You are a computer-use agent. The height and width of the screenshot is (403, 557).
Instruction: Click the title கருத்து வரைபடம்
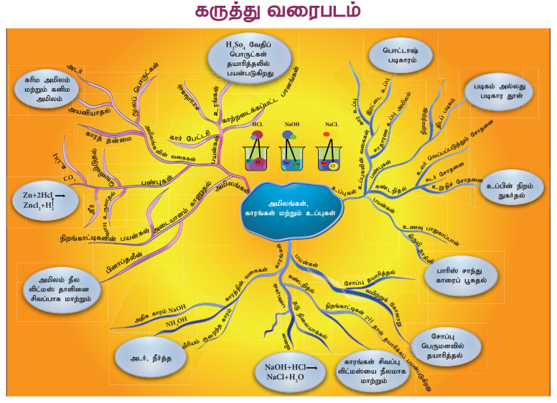click(278, 12)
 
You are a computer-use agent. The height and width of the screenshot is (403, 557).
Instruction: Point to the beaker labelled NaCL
click(329, 153)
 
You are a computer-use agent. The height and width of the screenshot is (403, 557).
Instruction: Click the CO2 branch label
click(70, 176)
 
